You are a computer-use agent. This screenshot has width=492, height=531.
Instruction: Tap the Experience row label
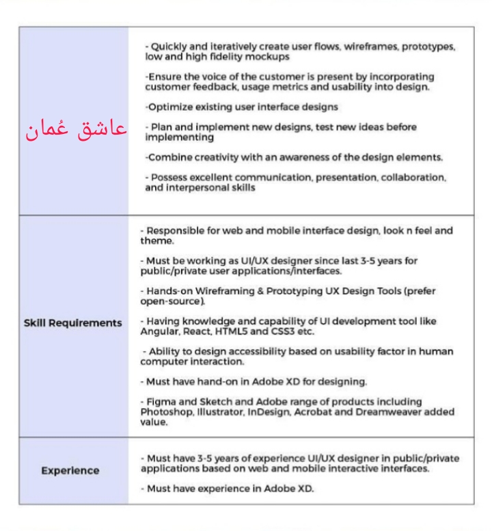(x=70, y=470)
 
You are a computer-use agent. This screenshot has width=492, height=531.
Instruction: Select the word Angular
(x=158, y=330)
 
